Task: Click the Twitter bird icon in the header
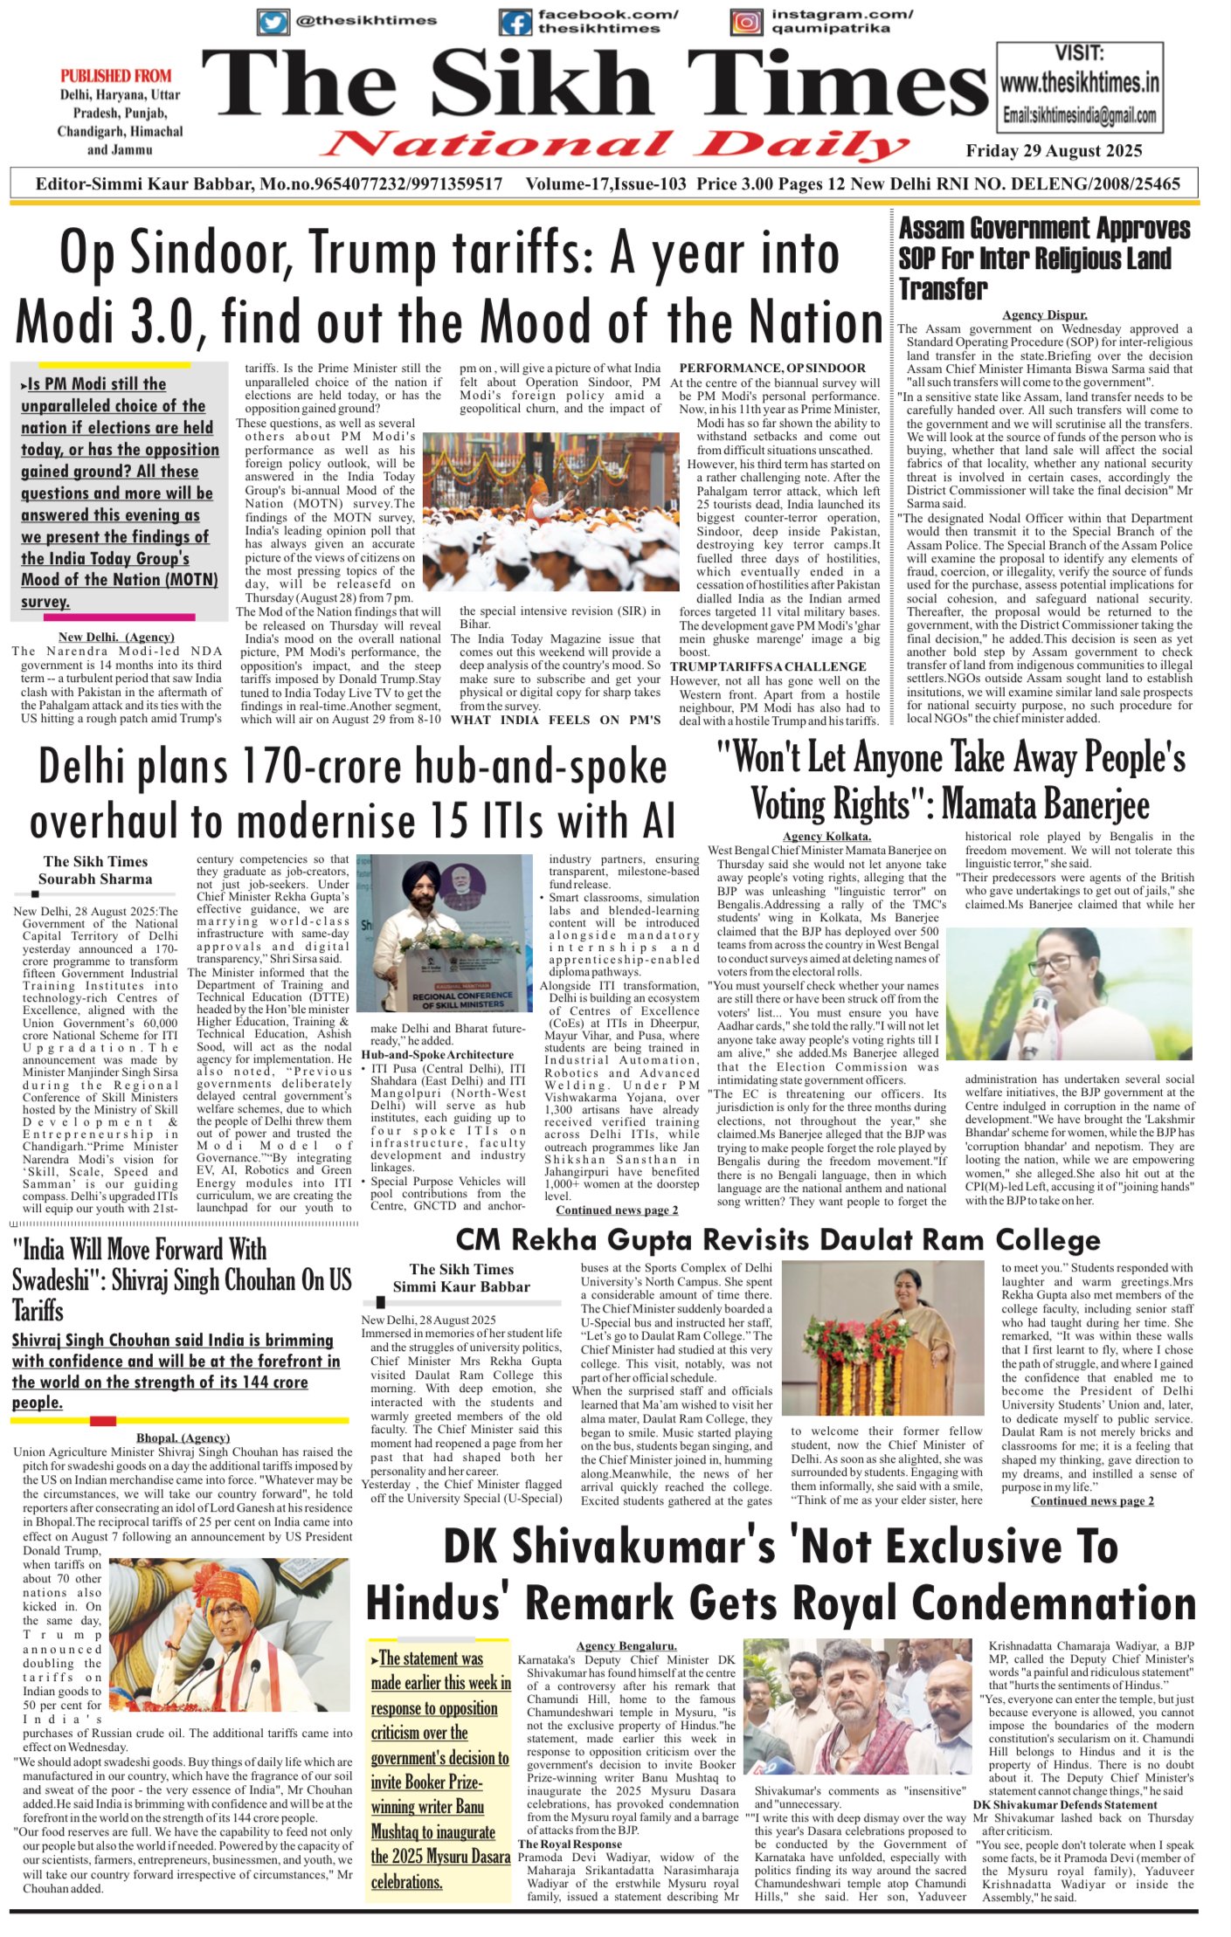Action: pyautogui.click(x=273, y=22)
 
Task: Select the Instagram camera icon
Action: pyautogui.click(x=747, y=22)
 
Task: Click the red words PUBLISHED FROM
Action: pyautogui.click(x=116, y=76)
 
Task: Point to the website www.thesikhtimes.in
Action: pyautogui.click(x=1080, y=84)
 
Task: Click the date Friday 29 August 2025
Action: pyautogui.click(x=1054, y=151)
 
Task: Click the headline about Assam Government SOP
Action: pyautogui.click(x=1044, y=258)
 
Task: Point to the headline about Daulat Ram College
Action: pyautogui.click(x=778, y=1240)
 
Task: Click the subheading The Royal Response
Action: pyautogui.click(x=570, y=1844)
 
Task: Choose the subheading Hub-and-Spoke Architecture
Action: pyautogui.click(x=438, y=1055)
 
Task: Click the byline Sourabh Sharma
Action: pyautogui.click(x=95, y=879)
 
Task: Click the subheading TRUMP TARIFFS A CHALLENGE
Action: pyautogui.click(x=768, y=666)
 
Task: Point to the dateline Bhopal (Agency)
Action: pyautogui.click(x=183, y=1437)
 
